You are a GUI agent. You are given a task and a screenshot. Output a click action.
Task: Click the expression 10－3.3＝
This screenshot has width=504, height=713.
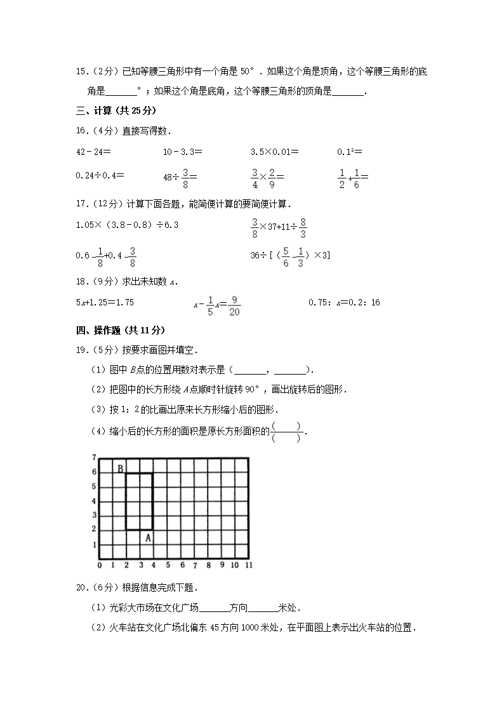(182, 152)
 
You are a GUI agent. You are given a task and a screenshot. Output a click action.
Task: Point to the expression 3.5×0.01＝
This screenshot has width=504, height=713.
(275, 152)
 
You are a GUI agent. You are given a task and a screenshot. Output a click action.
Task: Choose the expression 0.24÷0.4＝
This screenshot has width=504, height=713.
(100, 175)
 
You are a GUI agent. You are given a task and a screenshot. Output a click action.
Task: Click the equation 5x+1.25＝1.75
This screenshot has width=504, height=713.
(105, 303)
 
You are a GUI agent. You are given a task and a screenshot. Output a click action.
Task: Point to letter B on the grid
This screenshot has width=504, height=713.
(119, 469)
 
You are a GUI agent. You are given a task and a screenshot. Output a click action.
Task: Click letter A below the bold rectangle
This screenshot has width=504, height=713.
(148, 538)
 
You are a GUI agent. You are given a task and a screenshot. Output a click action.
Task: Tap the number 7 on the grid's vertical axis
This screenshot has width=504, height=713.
(93, 457)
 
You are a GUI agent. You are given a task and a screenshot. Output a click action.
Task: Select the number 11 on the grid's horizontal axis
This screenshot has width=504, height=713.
(249, 565)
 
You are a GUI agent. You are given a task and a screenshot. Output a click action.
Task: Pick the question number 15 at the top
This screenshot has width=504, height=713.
(81, 72)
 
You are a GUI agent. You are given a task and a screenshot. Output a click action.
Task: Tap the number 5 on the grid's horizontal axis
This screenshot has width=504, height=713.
(168, 565)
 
